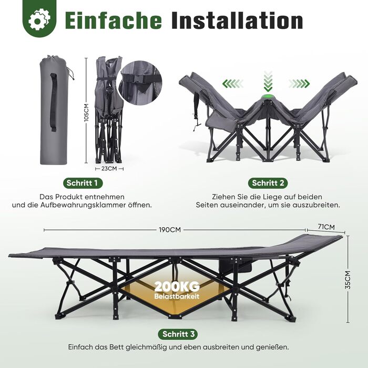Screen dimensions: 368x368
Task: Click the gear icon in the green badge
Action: tap(39, 19)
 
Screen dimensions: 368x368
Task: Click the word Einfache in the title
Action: tap(114, 21)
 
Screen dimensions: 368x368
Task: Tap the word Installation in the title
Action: tap(237, 21)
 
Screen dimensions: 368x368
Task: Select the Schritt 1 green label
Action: tap(83, 183)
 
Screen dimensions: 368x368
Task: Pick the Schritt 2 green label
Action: tap(268, 183)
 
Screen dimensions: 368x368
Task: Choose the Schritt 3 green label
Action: tap(178, 334)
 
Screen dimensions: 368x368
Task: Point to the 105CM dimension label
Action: tap(86, 113)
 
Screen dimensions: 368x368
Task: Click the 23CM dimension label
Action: tap(109, 169)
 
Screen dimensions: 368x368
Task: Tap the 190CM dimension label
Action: tap(170, 230)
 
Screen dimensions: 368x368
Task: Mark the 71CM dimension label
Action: tap(326, 227)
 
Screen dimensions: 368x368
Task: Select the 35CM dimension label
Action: tap(348, 280)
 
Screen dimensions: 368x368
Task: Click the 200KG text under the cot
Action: tap(177, 287)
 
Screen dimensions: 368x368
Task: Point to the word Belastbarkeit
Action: tap(177, 296)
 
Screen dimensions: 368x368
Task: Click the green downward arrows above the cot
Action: tap(268, 81)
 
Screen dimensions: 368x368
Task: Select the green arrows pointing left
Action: tap(233, 83)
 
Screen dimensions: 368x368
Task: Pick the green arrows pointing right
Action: tap(299, 83)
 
